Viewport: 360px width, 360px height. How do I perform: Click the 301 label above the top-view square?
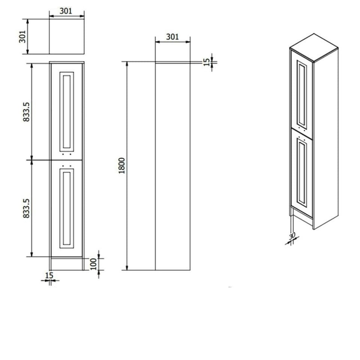66,11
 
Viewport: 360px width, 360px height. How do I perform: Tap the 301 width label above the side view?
172,37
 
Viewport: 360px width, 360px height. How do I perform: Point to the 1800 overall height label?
121,165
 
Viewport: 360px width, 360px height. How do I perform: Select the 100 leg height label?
93,264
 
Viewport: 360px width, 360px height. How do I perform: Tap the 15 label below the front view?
49,276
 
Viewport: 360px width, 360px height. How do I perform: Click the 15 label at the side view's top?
206,62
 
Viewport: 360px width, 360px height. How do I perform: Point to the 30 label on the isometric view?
292,236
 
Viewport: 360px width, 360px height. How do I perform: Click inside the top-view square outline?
67,36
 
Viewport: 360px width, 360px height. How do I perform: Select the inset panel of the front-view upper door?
67,111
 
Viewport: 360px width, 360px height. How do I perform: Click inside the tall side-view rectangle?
172,165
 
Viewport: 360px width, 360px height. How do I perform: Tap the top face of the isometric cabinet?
314,47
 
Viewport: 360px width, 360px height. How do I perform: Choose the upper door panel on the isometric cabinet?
302,94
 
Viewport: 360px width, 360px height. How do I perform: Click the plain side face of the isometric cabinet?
325,139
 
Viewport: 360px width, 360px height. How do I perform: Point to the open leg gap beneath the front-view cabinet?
67,264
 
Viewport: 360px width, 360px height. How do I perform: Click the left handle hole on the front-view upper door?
63,154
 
